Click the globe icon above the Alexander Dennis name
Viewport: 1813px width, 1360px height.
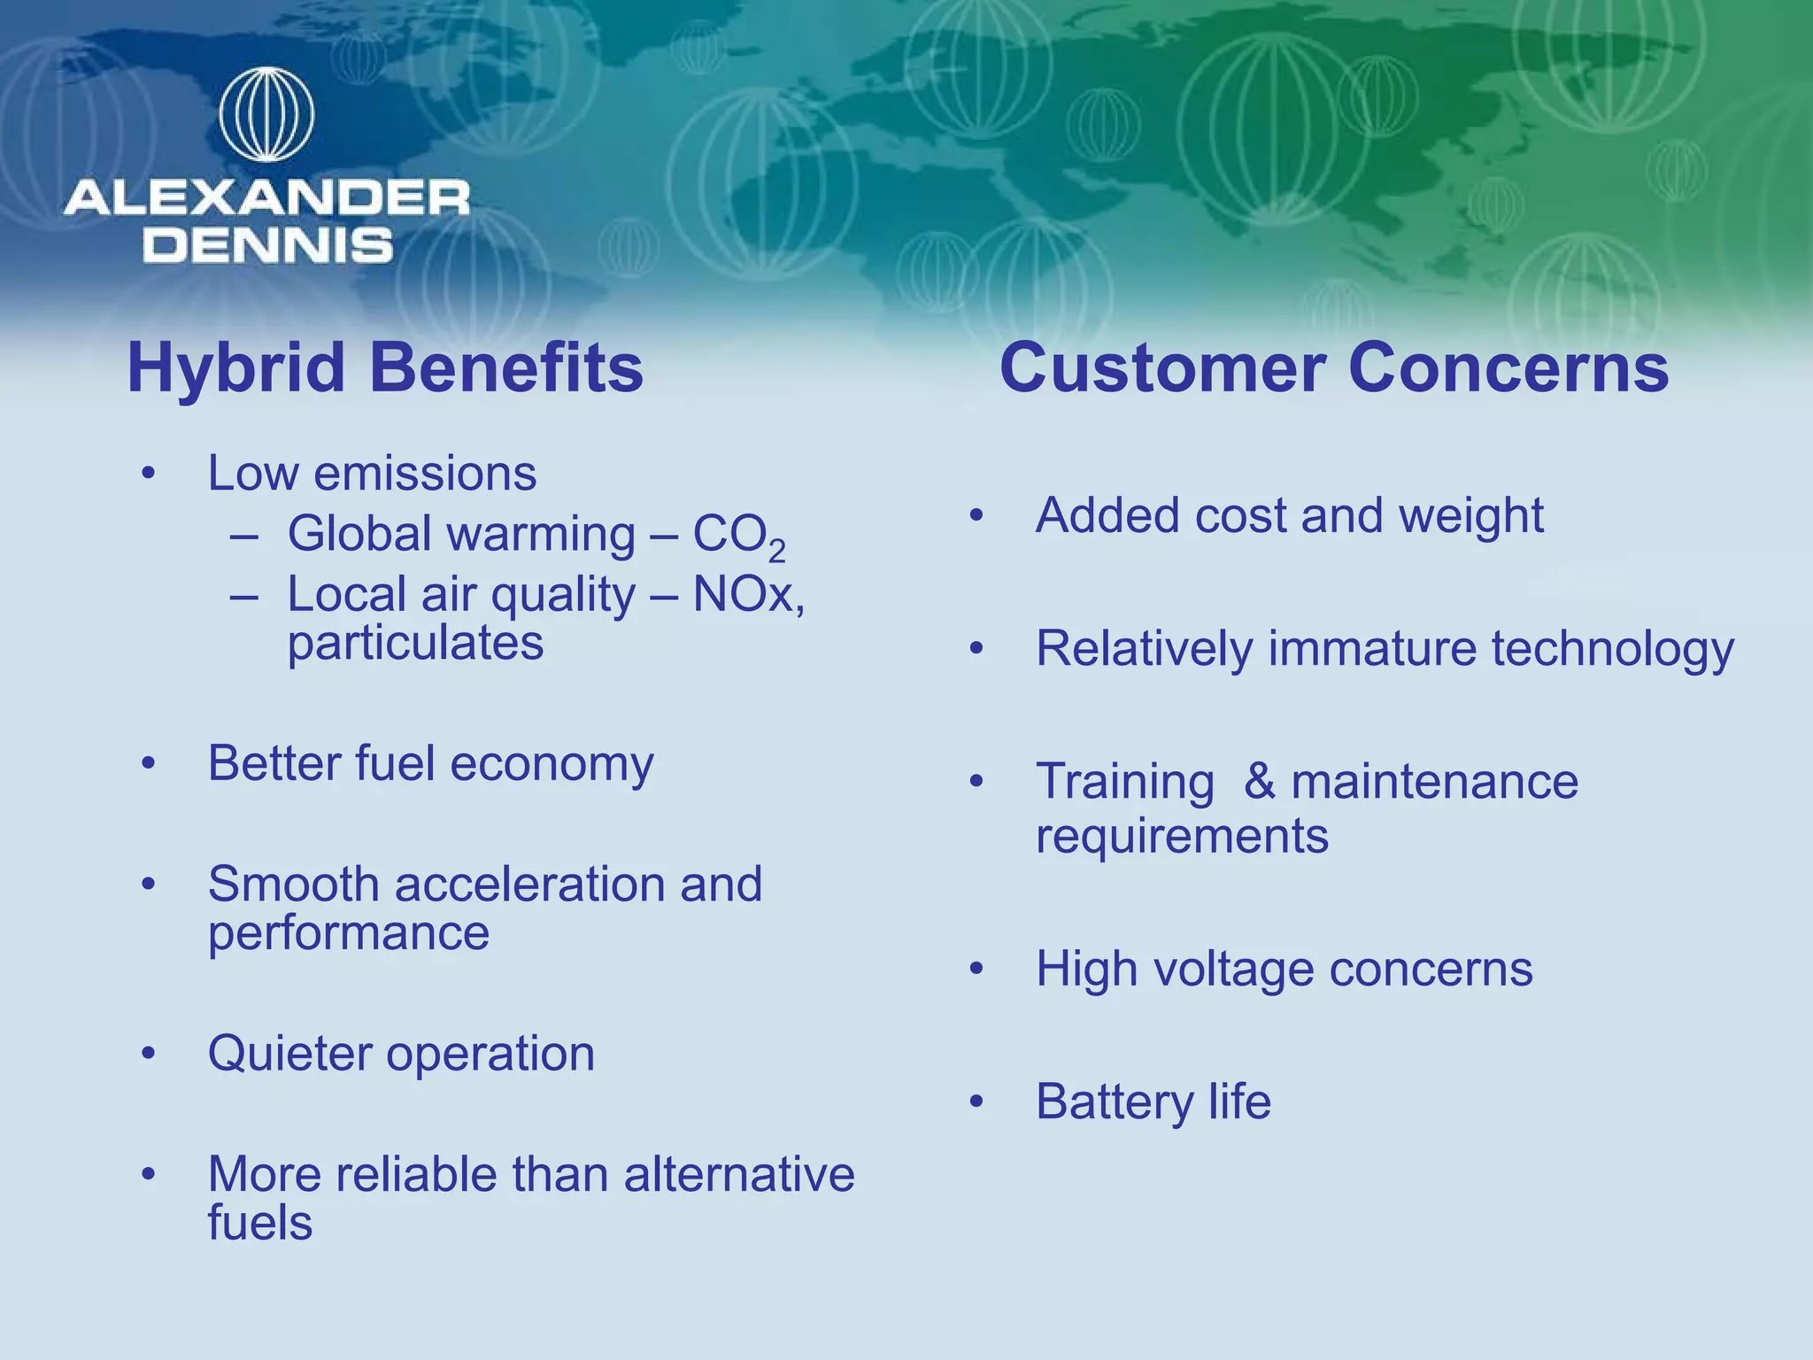click(x=266, y=115)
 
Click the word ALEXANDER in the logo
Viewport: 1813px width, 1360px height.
click(x=266, y=197)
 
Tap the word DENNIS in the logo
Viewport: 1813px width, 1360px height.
click(x=267, y=245)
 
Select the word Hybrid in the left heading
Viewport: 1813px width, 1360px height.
click(x=235, y=368)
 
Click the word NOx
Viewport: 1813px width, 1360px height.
click(x=744, y=594)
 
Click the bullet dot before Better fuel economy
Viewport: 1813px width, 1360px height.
click(x=148, y=762)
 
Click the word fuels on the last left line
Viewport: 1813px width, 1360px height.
click(x=259, y=1223)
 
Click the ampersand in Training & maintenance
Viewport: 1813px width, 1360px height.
click(x=1259, y=782)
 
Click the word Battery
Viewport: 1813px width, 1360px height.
click(x=1115, y=1102)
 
